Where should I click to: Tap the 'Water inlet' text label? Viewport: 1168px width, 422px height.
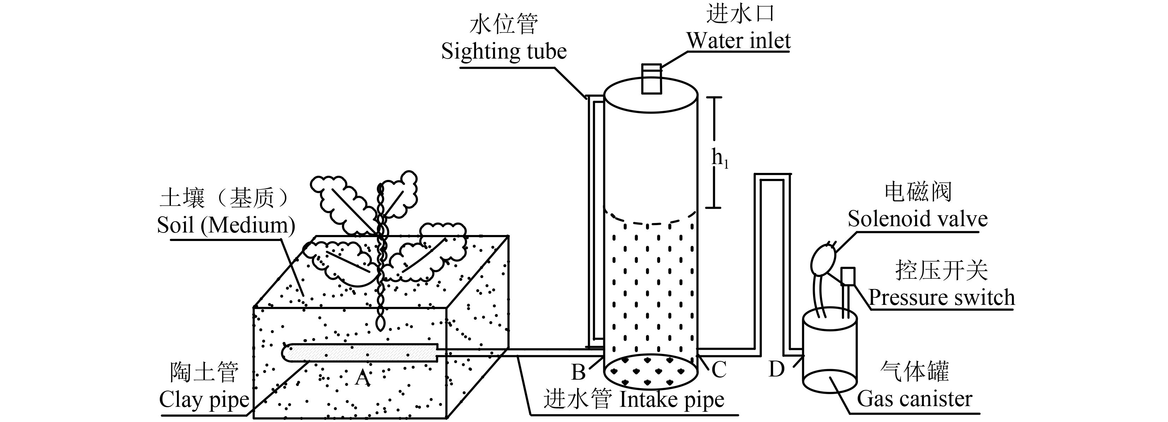(x=739, y=41)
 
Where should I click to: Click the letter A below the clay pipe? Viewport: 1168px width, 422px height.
(x=363, y=377)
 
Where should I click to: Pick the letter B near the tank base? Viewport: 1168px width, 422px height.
(x=578, y=372)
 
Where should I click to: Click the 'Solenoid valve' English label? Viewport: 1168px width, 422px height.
(x=918, y=219)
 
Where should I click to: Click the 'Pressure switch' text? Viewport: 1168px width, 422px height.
(x=941, y=297)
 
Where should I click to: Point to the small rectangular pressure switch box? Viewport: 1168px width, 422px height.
(x=848, y=276)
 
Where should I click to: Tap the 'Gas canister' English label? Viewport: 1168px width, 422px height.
(x=914, y=399)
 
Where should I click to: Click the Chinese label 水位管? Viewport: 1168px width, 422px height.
(x=503, y=24)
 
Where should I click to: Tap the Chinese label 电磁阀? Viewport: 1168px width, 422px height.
(x=918, y=192)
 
